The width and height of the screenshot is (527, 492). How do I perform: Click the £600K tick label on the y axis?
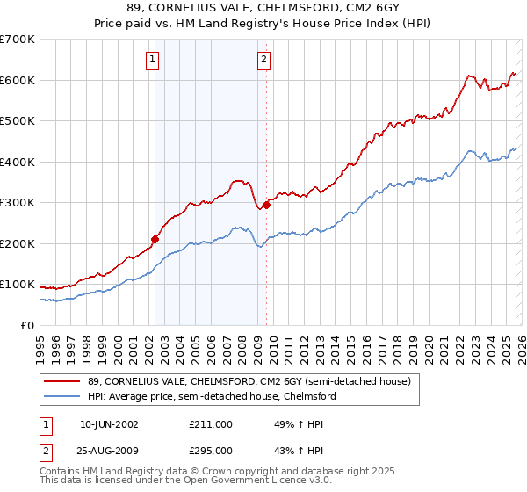18,80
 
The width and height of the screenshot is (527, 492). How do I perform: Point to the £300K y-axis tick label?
18,203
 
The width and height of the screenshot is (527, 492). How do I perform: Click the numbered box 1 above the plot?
153,60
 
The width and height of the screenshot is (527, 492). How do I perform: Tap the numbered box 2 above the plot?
263,60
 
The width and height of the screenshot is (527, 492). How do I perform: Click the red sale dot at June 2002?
155,239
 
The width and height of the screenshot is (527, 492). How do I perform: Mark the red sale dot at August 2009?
266,205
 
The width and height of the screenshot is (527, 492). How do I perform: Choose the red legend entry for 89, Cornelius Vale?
249,381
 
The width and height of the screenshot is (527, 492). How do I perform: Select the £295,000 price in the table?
211,450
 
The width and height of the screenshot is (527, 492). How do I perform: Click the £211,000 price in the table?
211,423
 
